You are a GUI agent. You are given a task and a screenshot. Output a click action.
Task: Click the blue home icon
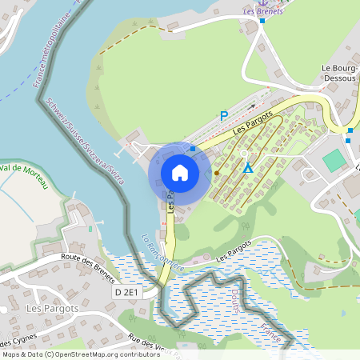coord(179,172)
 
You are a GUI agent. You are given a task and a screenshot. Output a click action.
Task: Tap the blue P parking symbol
coord(224,116)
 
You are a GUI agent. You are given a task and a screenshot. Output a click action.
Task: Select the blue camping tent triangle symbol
coord(248,168)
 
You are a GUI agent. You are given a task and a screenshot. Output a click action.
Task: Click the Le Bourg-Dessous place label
coord(339,74)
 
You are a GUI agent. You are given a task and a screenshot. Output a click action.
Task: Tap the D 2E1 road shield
coord(126,293)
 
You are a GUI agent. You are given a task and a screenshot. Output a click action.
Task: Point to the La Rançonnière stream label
coord(162,252)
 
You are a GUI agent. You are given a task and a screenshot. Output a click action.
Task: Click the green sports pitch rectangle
coord(334,160)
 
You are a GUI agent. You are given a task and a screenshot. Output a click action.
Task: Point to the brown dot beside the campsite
coord(216,172)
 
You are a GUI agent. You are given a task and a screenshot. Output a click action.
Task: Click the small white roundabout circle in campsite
coord(243,153)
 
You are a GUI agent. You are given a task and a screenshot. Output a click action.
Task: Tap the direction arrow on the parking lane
coord(255,105)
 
